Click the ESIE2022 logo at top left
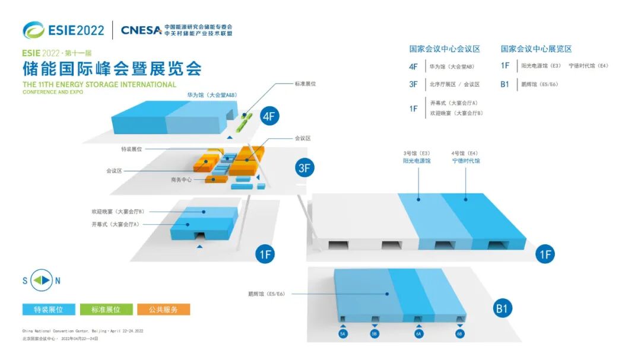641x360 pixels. [64, 30]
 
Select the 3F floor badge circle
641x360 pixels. [304, 168]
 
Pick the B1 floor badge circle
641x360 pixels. [503, 308]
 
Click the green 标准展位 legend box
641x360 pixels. [106, 309]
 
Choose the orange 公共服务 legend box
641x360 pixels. [164, 309]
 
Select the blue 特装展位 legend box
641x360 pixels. [49, 309]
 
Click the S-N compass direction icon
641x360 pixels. [42, 281]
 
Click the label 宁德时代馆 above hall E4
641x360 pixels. [465, 161]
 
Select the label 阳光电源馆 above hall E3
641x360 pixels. [417, 161]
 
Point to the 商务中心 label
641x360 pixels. [181, 180]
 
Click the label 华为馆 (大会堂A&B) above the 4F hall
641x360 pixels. [212, 94]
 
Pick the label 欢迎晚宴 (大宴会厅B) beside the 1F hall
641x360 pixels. [118, 211]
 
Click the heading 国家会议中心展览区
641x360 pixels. [536, 49]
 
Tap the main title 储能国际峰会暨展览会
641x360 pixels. [112, 68]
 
